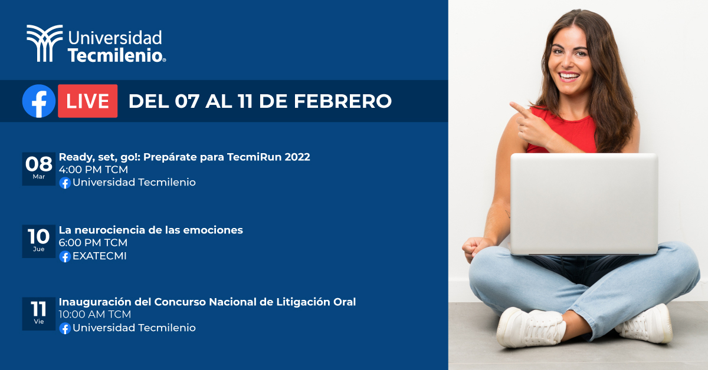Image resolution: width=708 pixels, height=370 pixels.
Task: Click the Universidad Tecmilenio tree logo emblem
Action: pos(44,43)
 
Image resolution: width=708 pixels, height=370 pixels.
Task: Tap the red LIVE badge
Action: pos(87,101)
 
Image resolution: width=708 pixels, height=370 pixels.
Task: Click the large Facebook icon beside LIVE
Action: pos(39,101)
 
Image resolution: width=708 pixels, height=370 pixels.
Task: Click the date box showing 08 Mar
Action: pos(39,169)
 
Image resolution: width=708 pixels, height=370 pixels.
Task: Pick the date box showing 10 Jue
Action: pos(39,240)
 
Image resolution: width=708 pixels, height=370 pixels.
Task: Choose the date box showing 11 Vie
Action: pos(39,313)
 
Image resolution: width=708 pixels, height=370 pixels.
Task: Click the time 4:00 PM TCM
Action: pos(93,170)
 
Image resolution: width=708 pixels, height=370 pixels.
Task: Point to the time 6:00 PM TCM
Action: pos(93,243)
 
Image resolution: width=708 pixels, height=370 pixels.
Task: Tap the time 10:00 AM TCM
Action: pos(95,315)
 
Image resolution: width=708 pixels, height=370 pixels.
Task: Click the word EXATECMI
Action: pos(99,256)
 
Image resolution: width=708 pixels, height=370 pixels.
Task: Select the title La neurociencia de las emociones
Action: pos(150,230)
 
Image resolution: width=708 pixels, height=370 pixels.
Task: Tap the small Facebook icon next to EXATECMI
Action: pos(65,256)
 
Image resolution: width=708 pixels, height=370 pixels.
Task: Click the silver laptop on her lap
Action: pos(584,204)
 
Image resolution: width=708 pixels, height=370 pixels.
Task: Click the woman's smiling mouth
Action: pos(569,76)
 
